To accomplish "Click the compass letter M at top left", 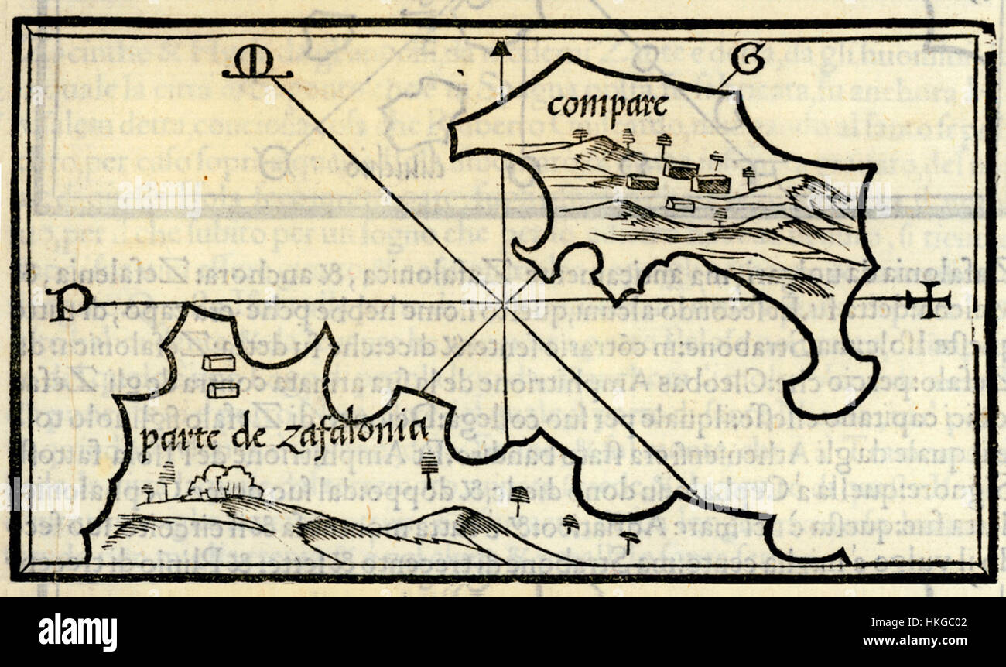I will pos(255,65).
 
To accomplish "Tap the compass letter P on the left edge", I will pos(68,302).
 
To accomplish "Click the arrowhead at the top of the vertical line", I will pos(501,50).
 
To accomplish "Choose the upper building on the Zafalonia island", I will pos(219,362).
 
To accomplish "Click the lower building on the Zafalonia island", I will pos(223,389).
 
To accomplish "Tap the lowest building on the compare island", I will pos(679,204).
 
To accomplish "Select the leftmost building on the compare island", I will pos(642,182).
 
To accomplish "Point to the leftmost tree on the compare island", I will pos(580,135).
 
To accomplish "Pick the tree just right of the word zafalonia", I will pos(426,465).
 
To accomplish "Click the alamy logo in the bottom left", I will pos(77,632).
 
